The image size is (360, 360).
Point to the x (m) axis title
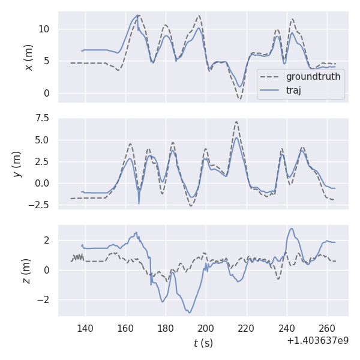[x=29, y=57]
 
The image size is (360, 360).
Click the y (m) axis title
[x=17, y=163]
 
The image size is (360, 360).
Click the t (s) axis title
[x=203, y=343]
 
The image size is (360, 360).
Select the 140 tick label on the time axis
[x=85, y=328]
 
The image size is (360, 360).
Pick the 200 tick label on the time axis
[x=206, y=328]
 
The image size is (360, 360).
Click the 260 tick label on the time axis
[x=327, y=328]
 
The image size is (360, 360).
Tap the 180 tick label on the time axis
[x=166, y=328]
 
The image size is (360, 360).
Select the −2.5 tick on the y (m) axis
[x=41, y=205]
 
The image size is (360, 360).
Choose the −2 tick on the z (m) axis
[x=45, y=299]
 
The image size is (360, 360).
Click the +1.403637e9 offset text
[x=317, y=340]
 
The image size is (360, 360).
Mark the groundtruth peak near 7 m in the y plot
[x=236, y=122]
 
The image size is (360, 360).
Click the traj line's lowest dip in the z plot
[x=190, y=312]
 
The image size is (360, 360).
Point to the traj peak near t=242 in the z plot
[x=292, y=229]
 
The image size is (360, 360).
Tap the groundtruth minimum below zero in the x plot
[x=239, y=98]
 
